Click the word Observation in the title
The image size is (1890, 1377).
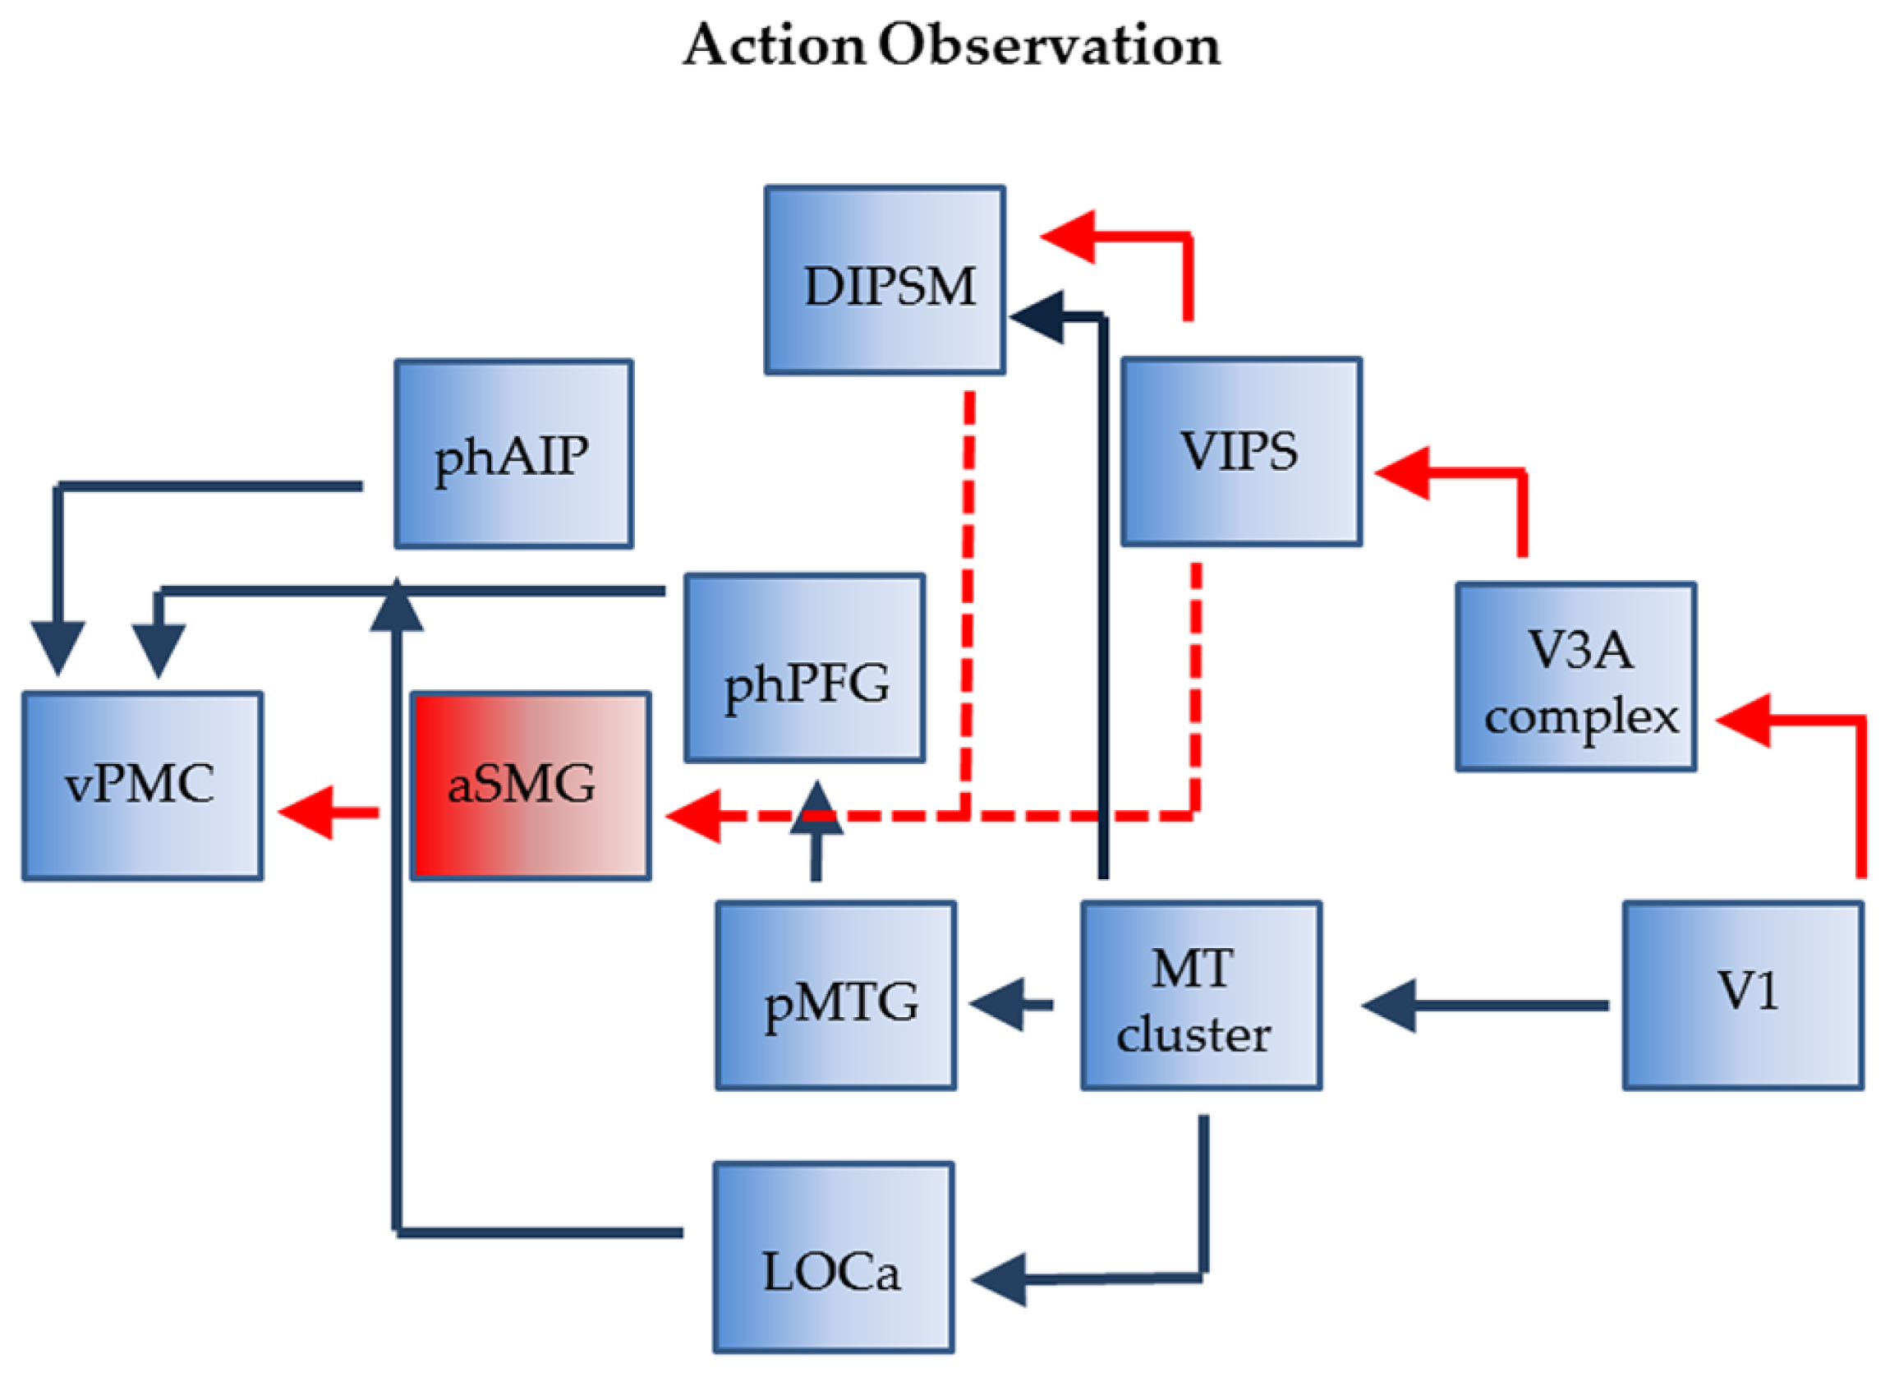(1050, 45)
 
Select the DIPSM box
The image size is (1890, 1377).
(885, 280)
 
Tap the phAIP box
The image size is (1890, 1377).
(513, 454)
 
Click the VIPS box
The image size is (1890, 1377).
(1241, 452)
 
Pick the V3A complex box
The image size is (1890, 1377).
(1576, 677)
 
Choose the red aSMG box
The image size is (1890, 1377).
(531, 785)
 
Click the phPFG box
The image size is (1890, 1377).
(804, 668)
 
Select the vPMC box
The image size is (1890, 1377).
(142, 785)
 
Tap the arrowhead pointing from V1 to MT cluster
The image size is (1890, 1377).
(1389, 1006)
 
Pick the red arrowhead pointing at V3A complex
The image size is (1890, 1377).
(1743, 721)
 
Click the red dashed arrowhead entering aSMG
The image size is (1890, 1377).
(693, 816)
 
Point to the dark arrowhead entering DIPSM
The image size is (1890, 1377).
(1037, 317)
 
